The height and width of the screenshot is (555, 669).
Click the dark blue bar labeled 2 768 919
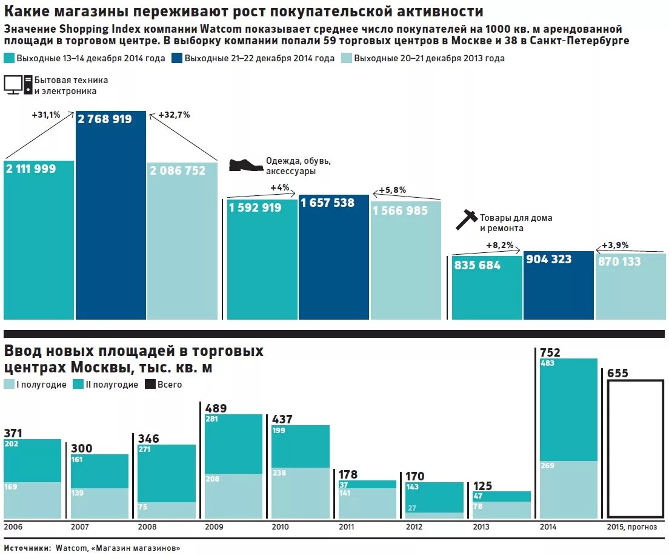pyautogui.click(x=111, y=218)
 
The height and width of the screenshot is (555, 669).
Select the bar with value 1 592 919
pyautogui.click(x=262, y=261)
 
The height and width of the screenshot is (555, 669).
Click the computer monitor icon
pyautogui.click(x=18, y=85)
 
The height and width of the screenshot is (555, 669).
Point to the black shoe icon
pyautogui.click(x=245, y=165)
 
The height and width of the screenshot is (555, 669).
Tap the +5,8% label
pyautogui.click(x=392, y=190)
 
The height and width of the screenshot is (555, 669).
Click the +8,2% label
pyautogui.click(x=499, y=245)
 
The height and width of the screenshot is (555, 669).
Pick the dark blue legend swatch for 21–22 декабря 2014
pyautogui.click(x=177, y=58)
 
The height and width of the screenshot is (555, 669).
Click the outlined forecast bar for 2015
pyautogui.click(x=635, y=448)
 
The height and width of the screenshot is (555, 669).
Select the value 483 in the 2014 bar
pyautogui.click(x=548, y=363)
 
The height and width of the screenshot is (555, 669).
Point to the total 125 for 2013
pyautogui.click(x=482, y=485)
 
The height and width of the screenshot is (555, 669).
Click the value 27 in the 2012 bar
pyautogui.click(x=411, y=508)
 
